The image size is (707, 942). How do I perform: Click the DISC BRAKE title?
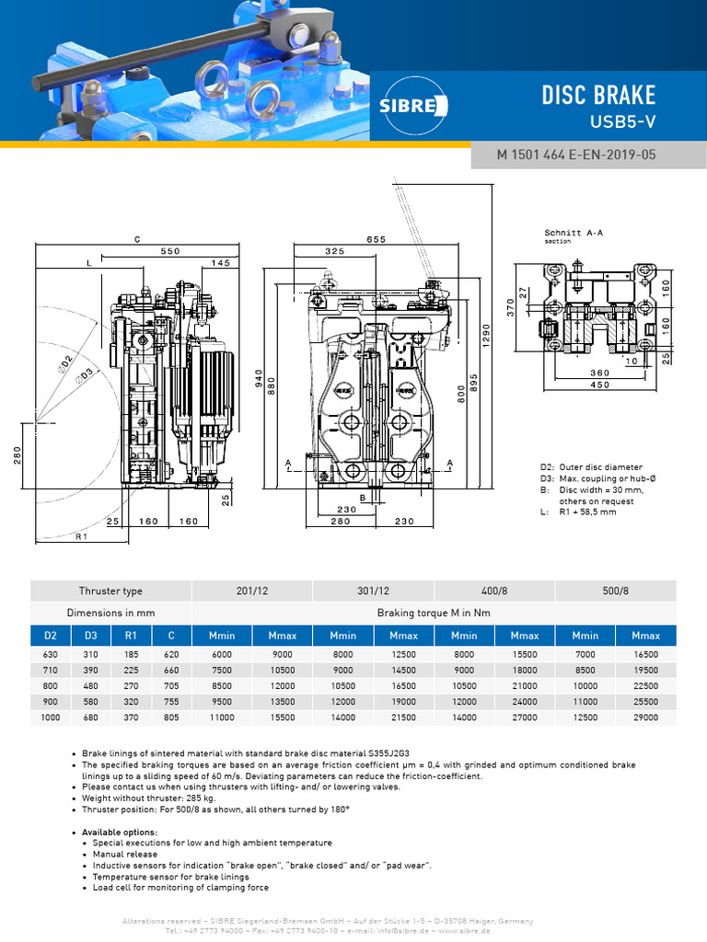[598, 95]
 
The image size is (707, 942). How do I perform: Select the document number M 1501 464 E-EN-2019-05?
[576, 155]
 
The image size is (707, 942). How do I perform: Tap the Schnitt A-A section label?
[574, 234]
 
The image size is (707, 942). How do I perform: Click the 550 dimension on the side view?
[170, 250]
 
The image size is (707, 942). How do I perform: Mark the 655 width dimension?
[376, 239]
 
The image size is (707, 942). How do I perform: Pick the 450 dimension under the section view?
[598, 385]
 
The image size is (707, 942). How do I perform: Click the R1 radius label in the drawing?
[81, 535]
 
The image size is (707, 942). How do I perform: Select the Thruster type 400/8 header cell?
[494, 591]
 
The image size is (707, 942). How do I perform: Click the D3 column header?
[91, 635]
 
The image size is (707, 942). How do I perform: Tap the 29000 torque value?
[645, 716]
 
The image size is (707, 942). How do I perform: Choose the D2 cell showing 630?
[50, 653]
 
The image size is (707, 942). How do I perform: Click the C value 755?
[171, 700]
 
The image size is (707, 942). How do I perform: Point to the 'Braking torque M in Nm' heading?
[434, 613]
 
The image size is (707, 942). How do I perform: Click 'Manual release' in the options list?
[124, 854]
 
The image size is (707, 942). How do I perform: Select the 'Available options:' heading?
[120, 832]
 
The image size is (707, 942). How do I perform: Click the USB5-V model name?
[622, 121]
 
